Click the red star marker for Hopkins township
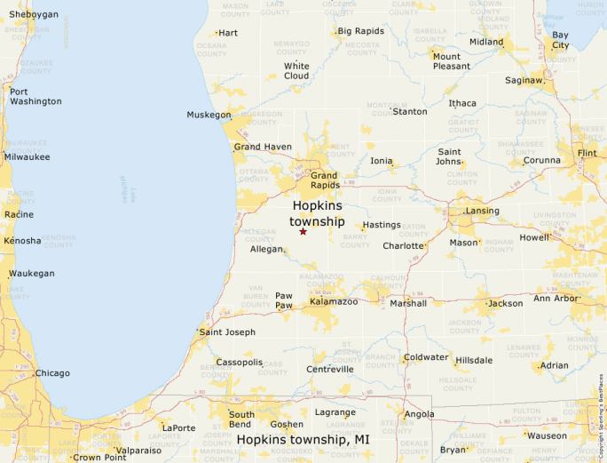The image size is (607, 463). (303, 231)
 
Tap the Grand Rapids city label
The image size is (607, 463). (324, 180)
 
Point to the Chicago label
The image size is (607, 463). (51, 373)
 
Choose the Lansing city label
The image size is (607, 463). (482, 211)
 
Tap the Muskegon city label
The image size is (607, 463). (209, 115)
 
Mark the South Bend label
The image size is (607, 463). (241, 419)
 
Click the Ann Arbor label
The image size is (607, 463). (557, 299)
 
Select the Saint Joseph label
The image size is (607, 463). (227, 332)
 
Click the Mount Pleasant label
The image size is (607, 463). (451, 61)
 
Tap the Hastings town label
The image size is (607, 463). (382, 225)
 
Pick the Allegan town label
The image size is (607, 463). (266, 250)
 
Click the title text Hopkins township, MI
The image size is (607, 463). (303, 440)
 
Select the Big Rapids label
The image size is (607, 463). (361, 31)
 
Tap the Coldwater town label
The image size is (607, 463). (426, 357)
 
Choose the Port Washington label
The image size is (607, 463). (35, 96)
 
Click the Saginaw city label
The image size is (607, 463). (523, 81)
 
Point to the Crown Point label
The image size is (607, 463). (99, 458)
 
